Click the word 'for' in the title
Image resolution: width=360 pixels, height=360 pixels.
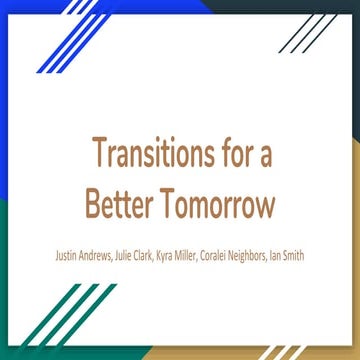(236, 155)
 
